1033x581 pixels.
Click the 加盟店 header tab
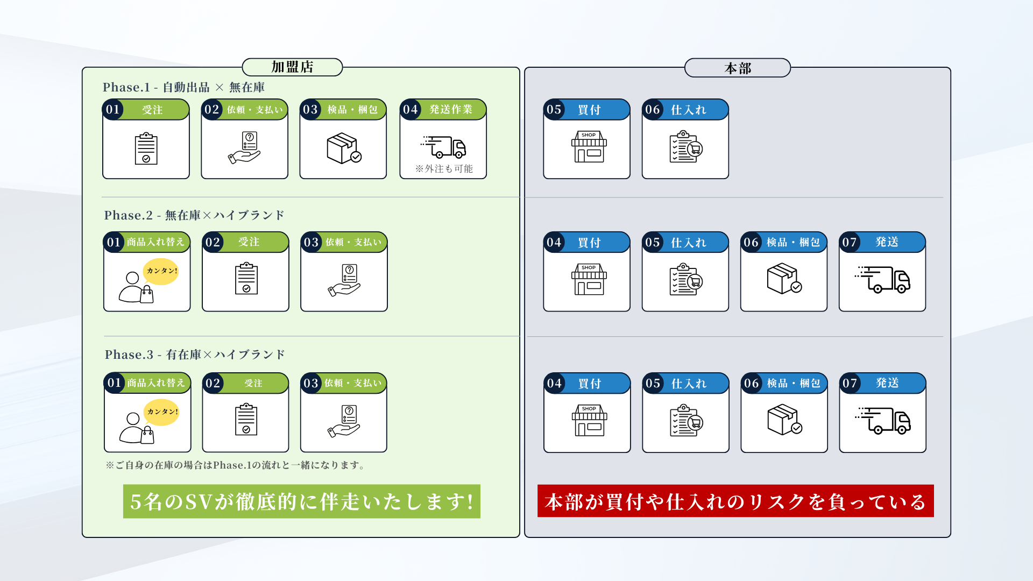(292, 67)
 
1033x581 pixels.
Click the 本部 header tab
(737, 68)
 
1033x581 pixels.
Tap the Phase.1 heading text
(183, 87)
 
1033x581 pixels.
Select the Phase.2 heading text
(194, 215)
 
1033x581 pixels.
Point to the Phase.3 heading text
(195, 355)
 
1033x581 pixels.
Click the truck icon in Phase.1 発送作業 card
(443, 147)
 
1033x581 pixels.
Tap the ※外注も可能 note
(444, 169)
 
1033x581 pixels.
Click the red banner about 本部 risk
(735, 501)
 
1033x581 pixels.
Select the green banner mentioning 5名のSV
(302, 501)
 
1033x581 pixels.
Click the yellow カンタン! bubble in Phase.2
(161, 271)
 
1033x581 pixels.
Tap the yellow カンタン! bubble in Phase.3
(161, 412)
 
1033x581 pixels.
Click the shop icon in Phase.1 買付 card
(589, 146)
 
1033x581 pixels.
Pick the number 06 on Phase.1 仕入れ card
(653, 110)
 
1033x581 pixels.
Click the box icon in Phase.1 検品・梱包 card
(344, 148)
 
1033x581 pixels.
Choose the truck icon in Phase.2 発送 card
(882, 279)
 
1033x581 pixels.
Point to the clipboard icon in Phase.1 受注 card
(146, 148)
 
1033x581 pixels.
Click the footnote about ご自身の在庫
(236, 465)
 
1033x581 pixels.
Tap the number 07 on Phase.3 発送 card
(850, 383)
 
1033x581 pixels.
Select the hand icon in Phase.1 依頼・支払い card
(245, 148)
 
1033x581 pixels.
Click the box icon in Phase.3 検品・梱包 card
(785, 420)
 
